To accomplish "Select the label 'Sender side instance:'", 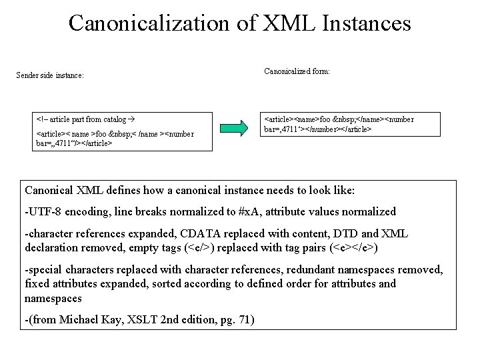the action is [x=50, y=75].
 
